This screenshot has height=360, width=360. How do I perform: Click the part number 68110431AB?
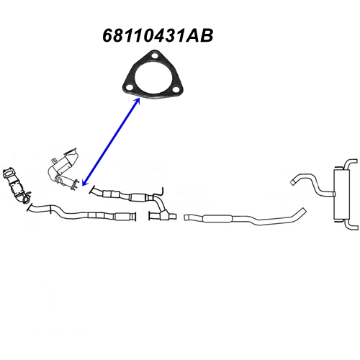pyautogui.click(x=158, y=36)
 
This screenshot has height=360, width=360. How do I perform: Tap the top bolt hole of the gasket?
pyautogui.click(x=155, y=57)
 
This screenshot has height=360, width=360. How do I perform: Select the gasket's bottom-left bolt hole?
pyautogui.click(x=130, y=87)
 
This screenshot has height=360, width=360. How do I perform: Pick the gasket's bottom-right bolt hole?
pyautogui.click(x=176, y=90)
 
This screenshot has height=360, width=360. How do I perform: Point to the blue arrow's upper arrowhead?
pyautogui.click(x=137, y=101)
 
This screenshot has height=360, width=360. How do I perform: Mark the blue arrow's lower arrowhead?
pyautogui.click(x=85, y=182)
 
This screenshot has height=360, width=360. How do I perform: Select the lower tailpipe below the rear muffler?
pyautogui.click(x=352, y=225)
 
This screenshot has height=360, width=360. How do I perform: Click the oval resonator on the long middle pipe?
pyautogui.click(x=217, y=218)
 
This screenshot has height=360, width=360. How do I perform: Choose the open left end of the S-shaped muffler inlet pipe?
pyautogui.click(x=293, y=182)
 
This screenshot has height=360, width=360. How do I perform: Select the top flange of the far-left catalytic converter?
pyautogui.click(x=8, y=173)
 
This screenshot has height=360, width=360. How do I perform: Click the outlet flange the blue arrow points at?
pyautogui.click(x=75, y=185)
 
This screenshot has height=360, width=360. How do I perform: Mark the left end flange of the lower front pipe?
pyautogui.click(x=30, y=207)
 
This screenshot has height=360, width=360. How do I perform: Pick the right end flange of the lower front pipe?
pyautogui.click(x=135, y=217)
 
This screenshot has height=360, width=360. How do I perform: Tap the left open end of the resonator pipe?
pyautogui.click(x=186, y=217)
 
